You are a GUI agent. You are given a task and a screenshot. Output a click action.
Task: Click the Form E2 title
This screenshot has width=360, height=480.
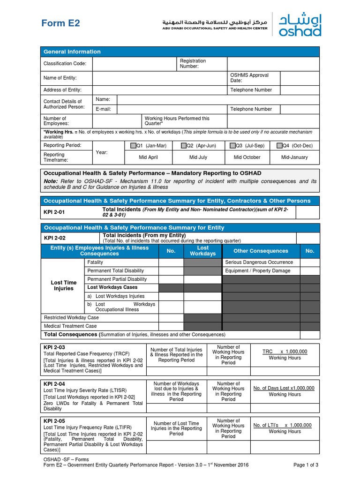[61, 23]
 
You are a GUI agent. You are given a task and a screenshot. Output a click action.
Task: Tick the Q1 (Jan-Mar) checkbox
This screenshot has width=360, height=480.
[134, 146]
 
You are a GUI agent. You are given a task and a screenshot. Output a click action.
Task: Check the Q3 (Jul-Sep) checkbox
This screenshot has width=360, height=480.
[232, 146]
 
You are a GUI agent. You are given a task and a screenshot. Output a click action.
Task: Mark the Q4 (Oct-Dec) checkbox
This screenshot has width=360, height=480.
[279, 146]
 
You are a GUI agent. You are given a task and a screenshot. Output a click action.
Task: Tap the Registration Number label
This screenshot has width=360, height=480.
[193, 64]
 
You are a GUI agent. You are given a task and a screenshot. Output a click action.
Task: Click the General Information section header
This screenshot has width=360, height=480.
[72, 52]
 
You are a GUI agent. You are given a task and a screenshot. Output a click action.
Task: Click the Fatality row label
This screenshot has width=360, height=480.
[95, 262]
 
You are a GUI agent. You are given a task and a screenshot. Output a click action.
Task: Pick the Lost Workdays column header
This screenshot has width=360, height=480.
[202, 251]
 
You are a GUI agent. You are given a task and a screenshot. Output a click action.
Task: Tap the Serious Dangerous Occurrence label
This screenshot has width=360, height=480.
[259, 262]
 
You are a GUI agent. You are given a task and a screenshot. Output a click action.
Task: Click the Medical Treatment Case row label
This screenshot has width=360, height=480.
[70, 326]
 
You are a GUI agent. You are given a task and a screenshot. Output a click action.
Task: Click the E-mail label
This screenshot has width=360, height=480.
[103, 109]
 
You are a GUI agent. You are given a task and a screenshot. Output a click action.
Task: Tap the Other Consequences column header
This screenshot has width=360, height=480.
[261, 251]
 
